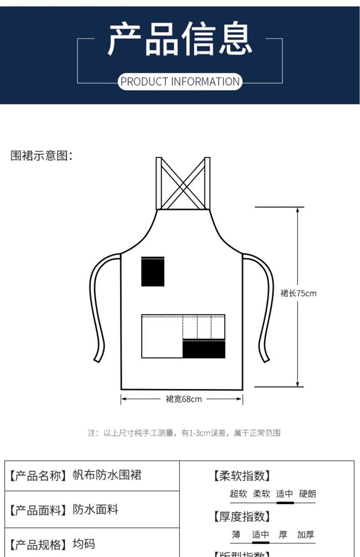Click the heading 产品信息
pyautogui.click(x=180, y=40)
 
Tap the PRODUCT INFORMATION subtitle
pyautogui.click(x=180, y=82)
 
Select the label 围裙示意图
pyautogui.click(x=41, y=156)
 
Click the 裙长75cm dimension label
pyautogui.click(x=298, y=294)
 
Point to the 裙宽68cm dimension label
pyautogui.click(x=183, y=399)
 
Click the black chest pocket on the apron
pyautogui.click(x=153, y=271)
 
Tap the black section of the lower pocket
pyautogui.click(x=204, y=349)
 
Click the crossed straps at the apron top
pyautogui.click(x=183, y=184)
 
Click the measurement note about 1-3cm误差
pyautogui.click(x=184, y=433)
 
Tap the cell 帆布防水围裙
pyautogui.click(x=107, y=475)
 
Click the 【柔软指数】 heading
pyautogui.click(x=242, y=476)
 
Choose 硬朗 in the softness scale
pyautogui.click(x=308, y=494)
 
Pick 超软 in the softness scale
pyautogui.click(x=238, y=494)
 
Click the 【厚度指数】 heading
pyautogui.click(x=242, y=516)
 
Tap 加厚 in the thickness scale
pyautogui.click(x=306, y=535)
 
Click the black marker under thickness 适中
pyautogui.click(x=261, y=542)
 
